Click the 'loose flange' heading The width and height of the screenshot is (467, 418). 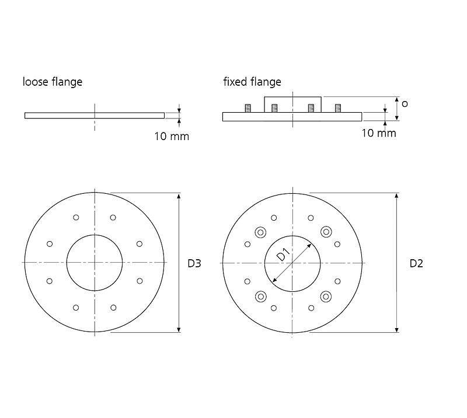pyautogui.click(x=53, y=82)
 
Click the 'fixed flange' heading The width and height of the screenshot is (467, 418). pyautogui.click(x=252, y=82)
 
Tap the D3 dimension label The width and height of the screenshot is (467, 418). pyautogui.click(x=194, y=263)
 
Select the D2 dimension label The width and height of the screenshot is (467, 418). pyautogui.click(x=416, y=263)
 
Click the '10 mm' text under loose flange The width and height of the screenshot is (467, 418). pyautogui.click(x=172, y=137)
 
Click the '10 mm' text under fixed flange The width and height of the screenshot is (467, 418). pyautogui.click(x=379, y=133)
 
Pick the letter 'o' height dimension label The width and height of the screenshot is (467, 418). pyautogui.click(x=405, y=104)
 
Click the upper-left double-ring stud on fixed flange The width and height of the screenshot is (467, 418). pyautogui.click(x=260, y=232)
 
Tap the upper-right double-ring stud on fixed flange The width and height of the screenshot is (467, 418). pyautogui.click(x=326, y=232)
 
